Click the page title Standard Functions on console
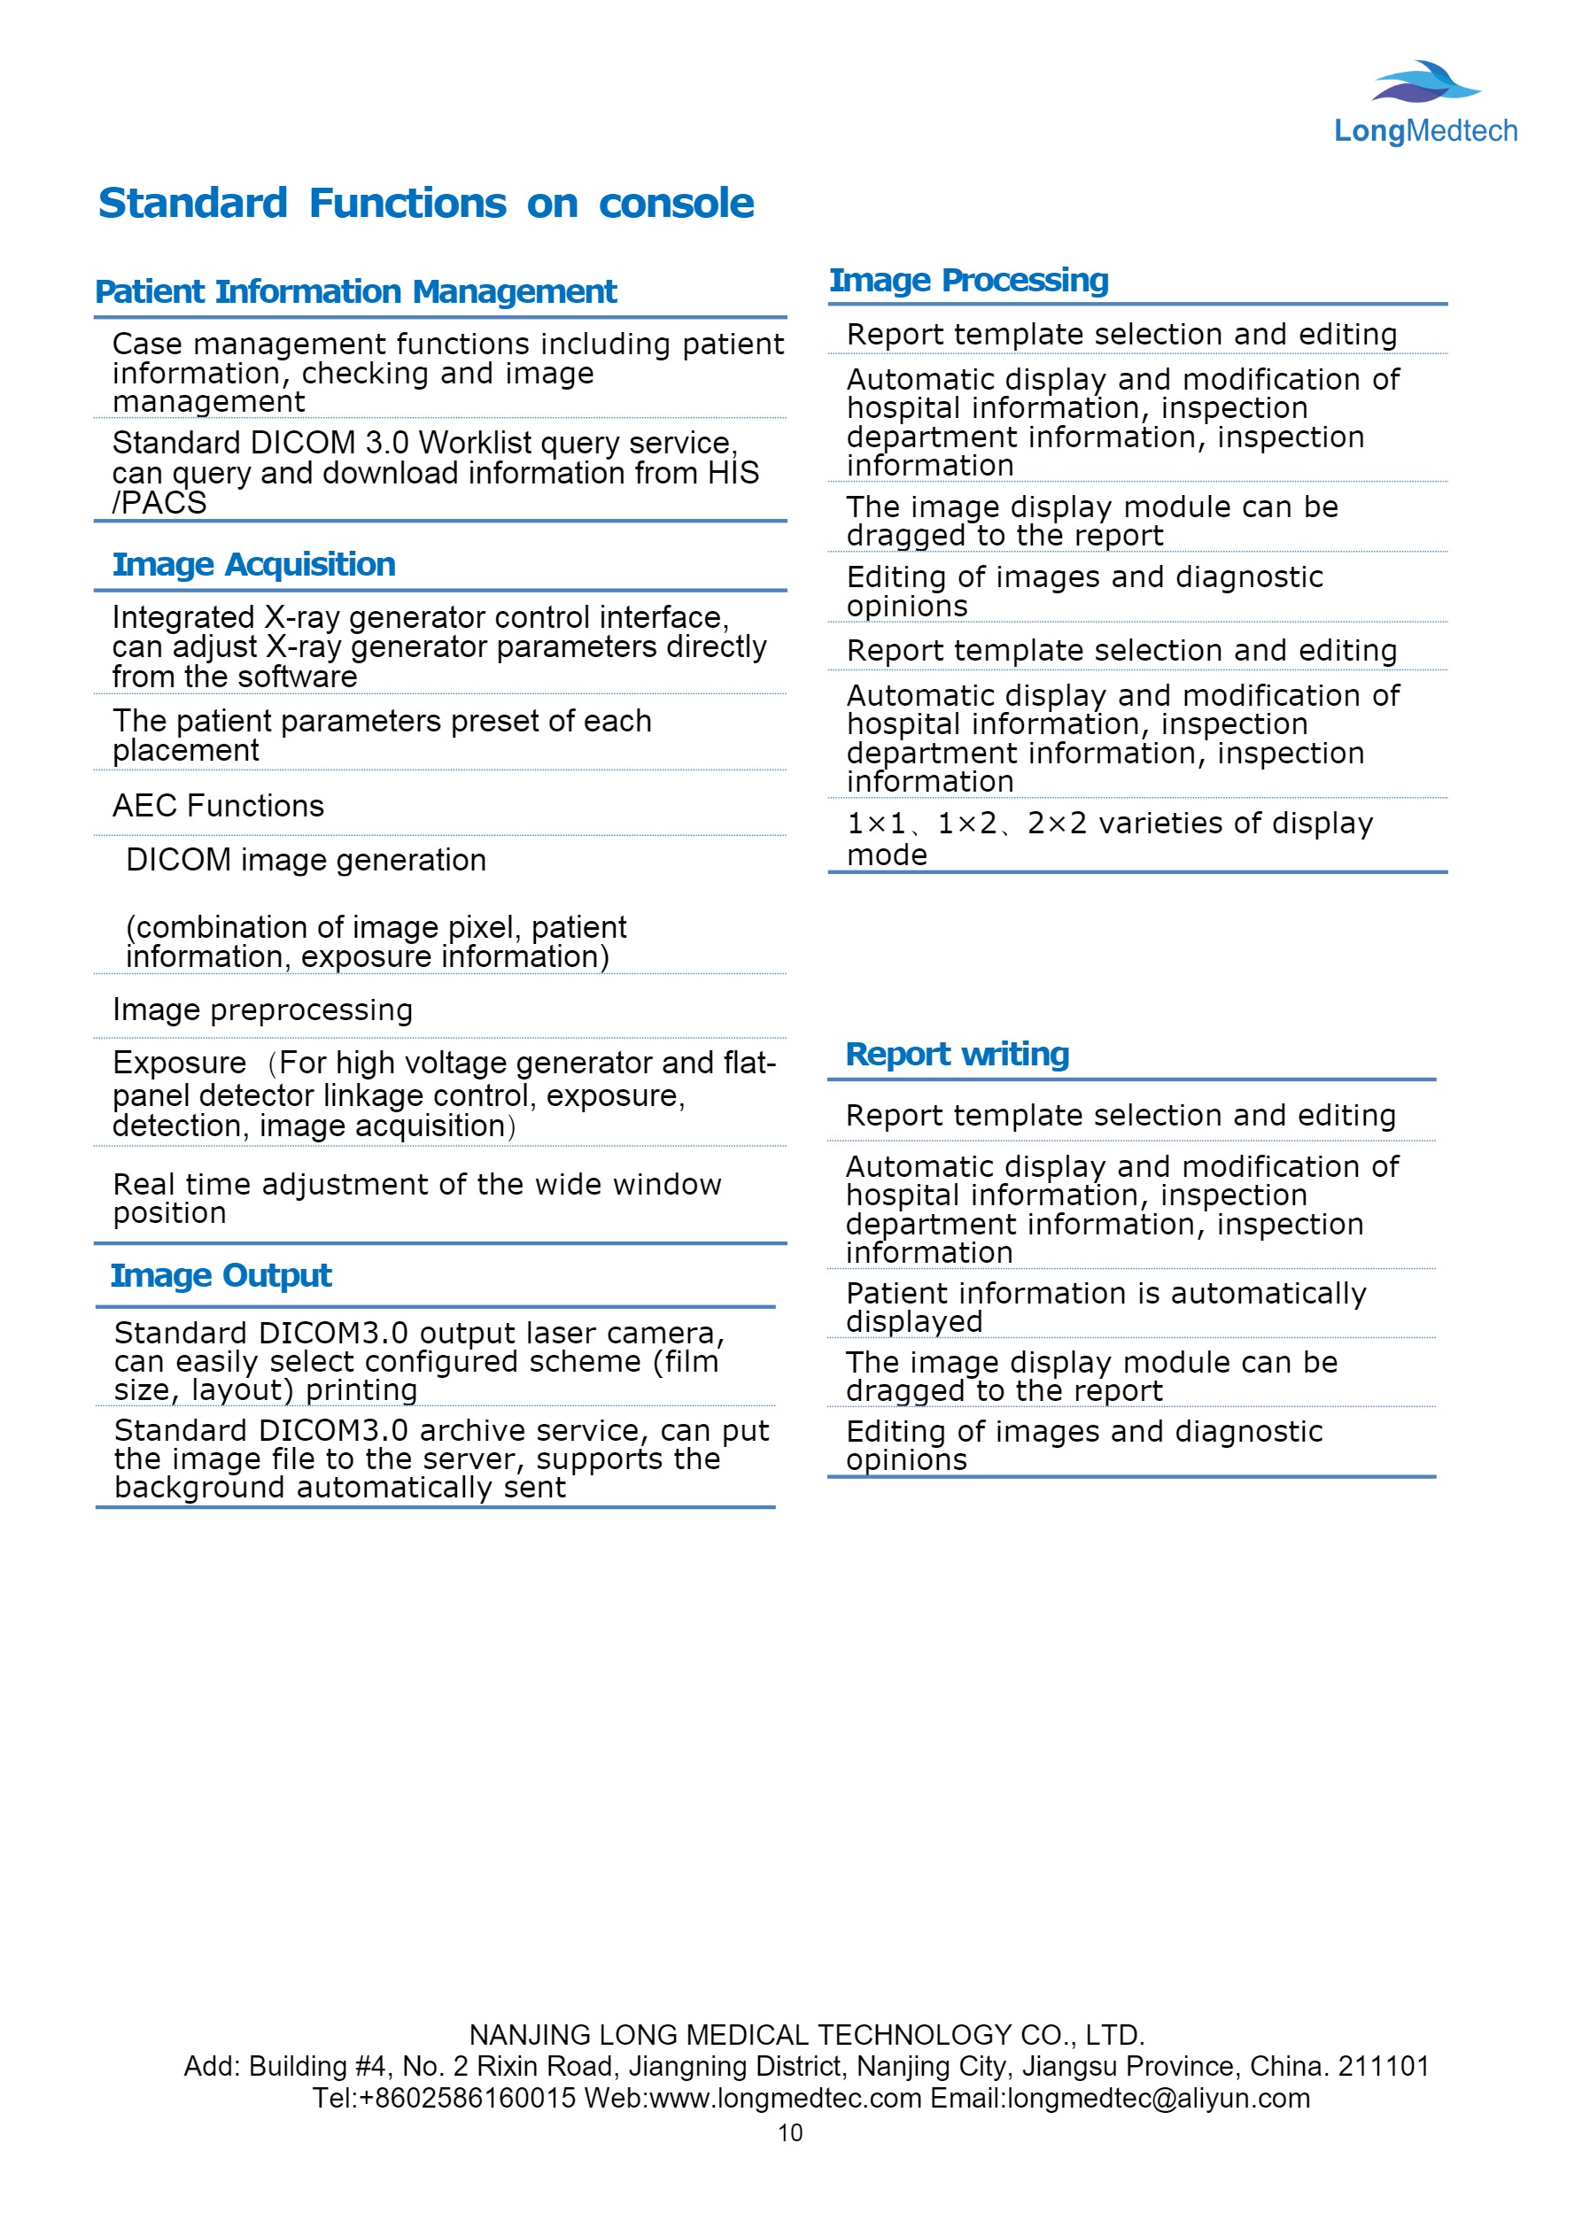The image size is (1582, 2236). [x=426, y=204]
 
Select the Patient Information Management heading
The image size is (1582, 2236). [x=355, y=292]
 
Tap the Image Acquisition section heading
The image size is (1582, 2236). [x=253, y=565]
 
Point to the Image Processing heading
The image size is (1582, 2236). [x=968, y=281]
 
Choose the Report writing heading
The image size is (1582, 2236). [x=957, y=1055]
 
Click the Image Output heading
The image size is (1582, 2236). [x=221, y=1276]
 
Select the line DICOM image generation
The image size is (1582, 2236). [x=306, y=861]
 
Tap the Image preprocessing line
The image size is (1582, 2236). [x=262, y=1011]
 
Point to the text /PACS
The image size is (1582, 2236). [x=159, y=504]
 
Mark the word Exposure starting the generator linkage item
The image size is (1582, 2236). [x=179, y=1064]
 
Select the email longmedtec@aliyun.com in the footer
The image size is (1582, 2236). [x=1159, y=2098]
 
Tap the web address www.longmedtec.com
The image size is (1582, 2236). [x=785, y=2098]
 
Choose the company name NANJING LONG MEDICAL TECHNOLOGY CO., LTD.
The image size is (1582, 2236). [x=807, y=2035]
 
